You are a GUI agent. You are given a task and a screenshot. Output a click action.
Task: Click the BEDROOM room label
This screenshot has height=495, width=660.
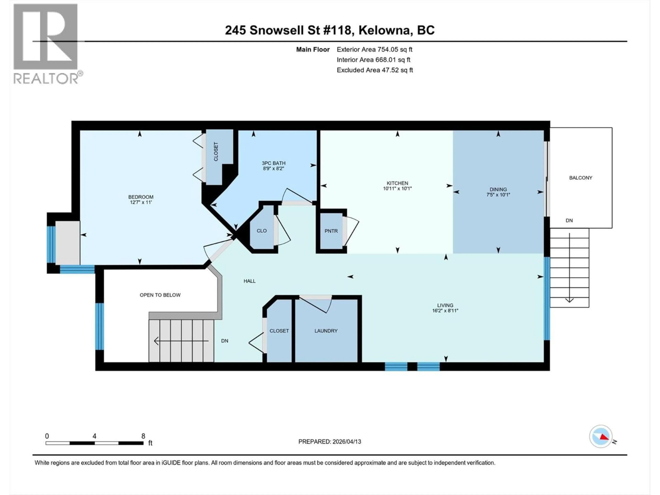pos(141,197)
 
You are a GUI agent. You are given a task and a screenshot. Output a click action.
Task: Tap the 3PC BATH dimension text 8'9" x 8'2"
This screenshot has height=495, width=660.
pos(273,169)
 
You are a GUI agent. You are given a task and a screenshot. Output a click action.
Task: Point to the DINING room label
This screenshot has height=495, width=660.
pos(498,189)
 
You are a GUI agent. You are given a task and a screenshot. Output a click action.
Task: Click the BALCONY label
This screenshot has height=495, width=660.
pos(580,178)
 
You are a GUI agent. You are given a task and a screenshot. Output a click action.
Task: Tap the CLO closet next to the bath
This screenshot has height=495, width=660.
pos(262,231)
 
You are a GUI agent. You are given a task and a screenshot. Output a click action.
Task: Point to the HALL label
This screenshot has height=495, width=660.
pos(249,281)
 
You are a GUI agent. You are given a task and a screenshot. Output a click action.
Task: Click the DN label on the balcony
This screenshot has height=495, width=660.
pos(569,221)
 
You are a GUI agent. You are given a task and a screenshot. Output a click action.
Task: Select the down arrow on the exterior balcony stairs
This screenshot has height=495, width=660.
pos(569,299)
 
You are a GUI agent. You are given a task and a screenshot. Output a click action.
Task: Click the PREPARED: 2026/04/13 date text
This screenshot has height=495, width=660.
pos(329,442)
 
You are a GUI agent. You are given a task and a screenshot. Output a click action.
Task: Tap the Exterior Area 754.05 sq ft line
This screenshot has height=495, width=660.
pos(375,49)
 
